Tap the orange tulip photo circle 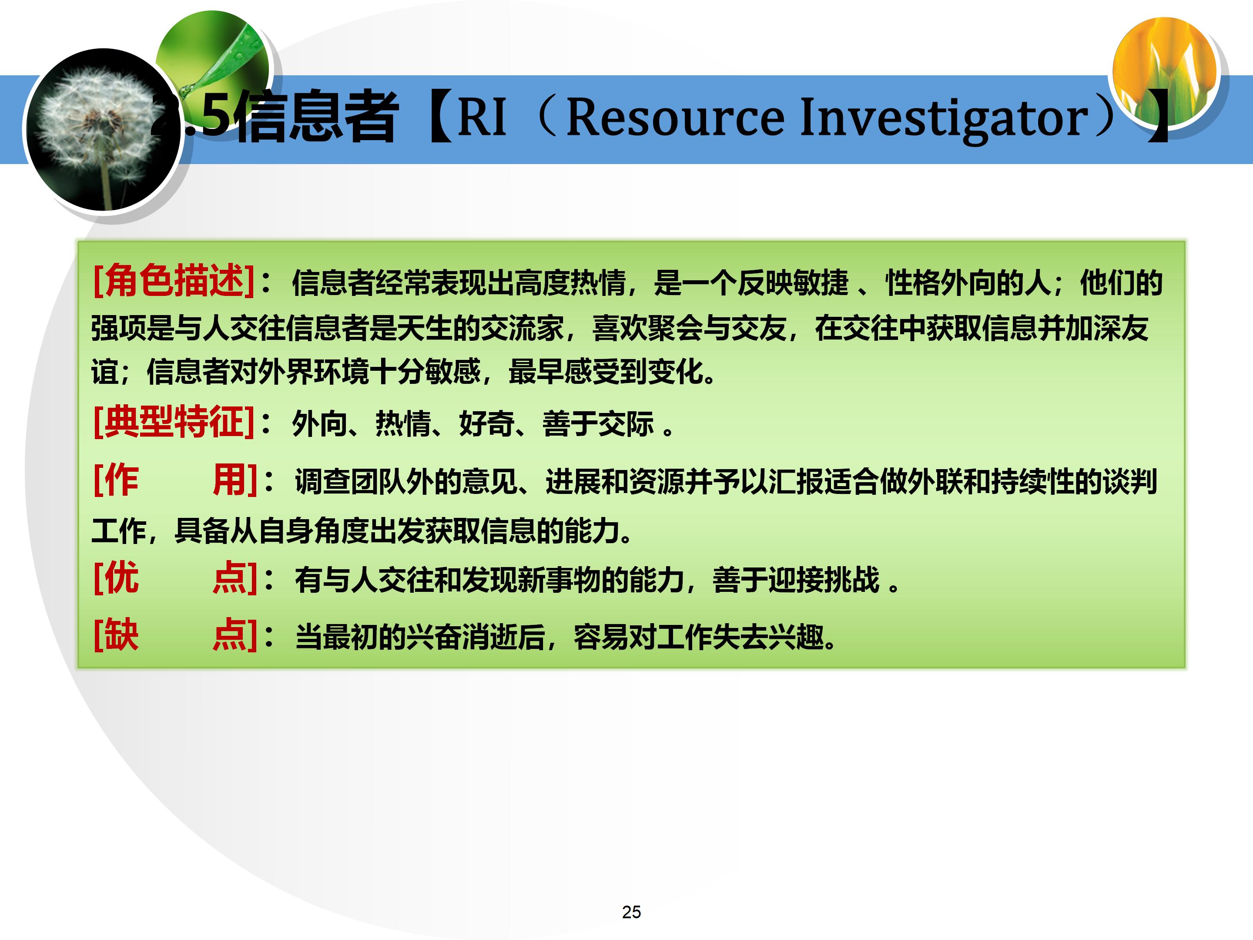pyautogui.click(x=1164, y=71)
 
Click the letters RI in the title pyautogui.click(x=482, y=117)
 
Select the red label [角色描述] pyautogui.click(x=173, y=280)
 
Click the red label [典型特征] pyautogui.click(x=173, y=422)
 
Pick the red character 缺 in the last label pyautogui.click(x=121, y=634)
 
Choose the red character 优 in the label pyautogui.click(x=121, y=578)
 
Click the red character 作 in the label pyautogui.click(x=121, y=480)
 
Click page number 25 pyautogui.click(x=631, y=912)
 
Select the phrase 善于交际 pyautogui.click(x=598, y=424)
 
